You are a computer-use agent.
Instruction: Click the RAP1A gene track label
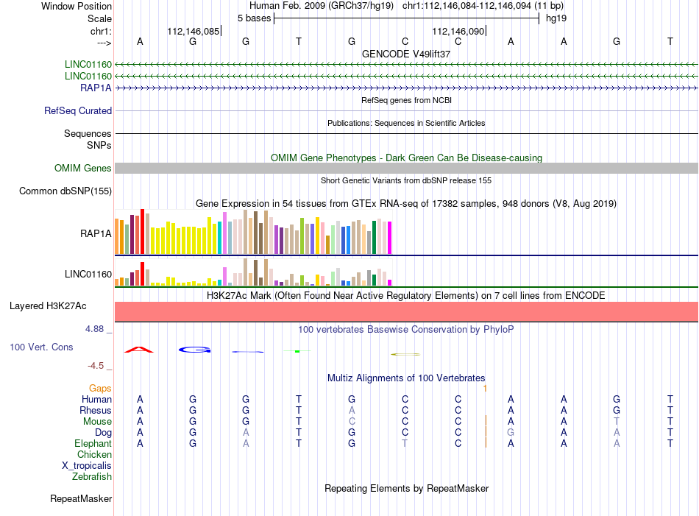pos(96,88)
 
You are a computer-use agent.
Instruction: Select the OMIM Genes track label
pos(83,168)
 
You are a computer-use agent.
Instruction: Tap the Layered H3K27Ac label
pos(48,306)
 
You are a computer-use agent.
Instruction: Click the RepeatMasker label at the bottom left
pos(81,498)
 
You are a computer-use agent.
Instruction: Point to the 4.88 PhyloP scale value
pos(94,329)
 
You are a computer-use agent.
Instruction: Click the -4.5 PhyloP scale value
pos(96,366)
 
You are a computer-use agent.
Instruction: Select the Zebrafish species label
pos(92,477)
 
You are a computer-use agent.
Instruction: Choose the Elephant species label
pos(93,443)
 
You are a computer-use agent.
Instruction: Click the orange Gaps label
pos(100,389)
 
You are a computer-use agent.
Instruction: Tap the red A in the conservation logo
pos(140,350)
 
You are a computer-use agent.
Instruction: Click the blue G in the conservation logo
pos(195,350)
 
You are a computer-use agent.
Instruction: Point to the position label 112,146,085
pos(194,31)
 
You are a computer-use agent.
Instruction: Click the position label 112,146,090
pos(458,31)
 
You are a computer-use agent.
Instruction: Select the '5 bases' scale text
pos(254,18)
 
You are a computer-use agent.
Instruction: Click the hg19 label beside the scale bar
pos(556,18)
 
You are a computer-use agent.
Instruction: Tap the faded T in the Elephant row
pos(405,443)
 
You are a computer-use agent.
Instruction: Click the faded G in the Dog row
pos(511,432)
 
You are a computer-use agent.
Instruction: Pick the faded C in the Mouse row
pos(352,421)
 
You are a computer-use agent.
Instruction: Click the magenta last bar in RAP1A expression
pos(389,238)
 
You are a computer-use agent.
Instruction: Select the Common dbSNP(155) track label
pos(65,191)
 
